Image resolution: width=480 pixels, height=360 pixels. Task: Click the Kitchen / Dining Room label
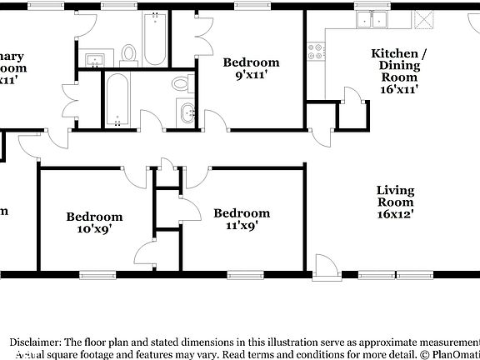tap(398, 70)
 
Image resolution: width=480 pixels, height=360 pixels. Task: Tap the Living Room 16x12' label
tap(395, 202)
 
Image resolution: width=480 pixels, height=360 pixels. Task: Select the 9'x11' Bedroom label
tap(250, 69)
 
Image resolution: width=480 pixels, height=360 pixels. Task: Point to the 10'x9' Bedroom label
tap(94, 222)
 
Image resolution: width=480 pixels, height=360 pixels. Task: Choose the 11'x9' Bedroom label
tap(241, 219)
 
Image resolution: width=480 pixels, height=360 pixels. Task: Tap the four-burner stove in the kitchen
tap(317, 54)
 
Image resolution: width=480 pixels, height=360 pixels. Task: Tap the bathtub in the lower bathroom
tap(117, 99)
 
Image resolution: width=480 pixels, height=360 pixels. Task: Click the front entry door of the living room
tap(326, 266)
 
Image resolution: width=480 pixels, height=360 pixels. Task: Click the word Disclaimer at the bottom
tap(34, 342)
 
